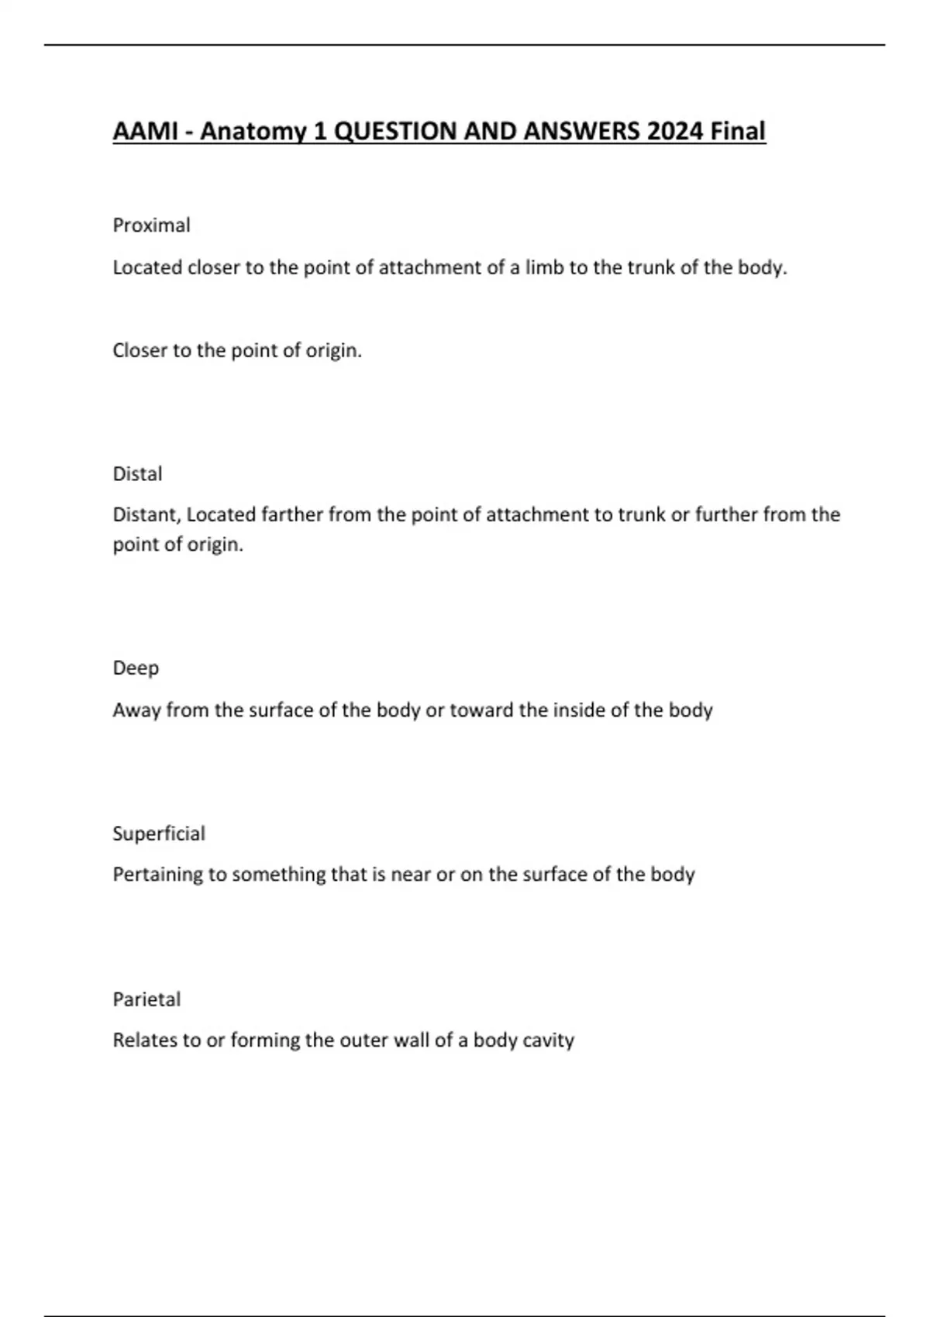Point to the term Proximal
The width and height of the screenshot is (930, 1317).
pos(151,225)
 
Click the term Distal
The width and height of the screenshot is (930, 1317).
pos(137,474)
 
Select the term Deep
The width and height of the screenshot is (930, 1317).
pos(136,669)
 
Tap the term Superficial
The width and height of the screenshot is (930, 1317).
pos(159,834)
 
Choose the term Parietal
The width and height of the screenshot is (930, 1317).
pos(146,999)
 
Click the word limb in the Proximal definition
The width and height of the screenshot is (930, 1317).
pos(545,267)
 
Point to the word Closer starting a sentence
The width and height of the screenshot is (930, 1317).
pos(140,351)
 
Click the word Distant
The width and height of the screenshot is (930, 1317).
pos(146,515)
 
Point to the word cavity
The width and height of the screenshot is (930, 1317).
pos(548,1040)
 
